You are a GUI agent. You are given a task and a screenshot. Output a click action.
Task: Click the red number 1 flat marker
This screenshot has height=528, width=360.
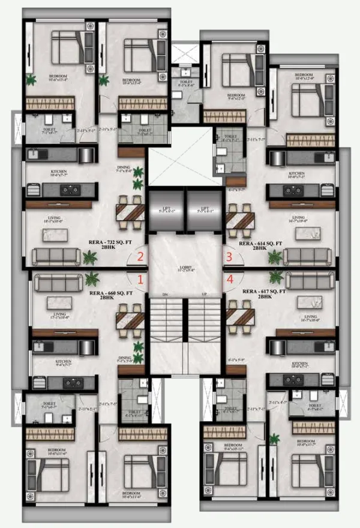[x=141, y=280]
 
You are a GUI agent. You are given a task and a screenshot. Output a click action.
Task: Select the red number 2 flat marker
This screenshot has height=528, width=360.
[x=141, y=257]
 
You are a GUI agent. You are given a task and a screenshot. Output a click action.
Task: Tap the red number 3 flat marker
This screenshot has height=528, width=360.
[x=229, y=257]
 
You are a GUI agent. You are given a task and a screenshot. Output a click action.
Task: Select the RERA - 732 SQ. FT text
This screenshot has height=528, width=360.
[x=107, y=243]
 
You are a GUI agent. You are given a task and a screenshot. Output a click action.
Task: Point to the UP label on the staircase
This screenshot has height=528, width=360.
[x=205, y=295]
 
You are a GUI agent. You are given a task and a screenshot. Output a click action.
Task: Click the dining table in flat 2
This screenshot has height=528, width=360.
[x=130, y=212]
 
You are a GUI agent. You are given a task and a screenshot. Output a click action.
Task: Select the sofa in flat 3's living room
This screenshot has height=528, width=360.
[x=307, y=256]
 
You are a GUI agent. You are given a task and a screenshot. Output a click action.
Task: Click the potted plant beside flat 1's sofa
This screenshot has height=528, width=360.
[x=92, y=279]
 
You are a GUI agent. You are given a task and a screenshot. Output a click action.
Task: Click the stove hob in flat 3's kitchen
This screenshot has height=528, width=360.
[x=293, y=191]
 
